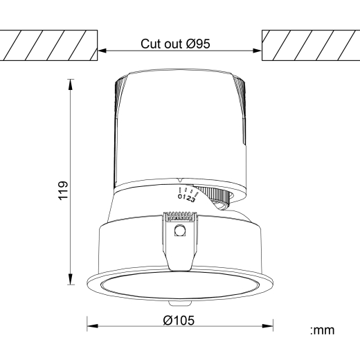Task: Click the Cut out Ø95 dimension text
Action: click(175, 44)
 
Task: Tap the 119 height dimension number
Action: click(63, 190)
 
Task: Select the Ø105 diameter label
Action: click(179, 320)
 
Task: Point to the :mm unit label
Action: click(322, 330)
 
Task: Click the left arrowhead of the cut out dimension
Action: click(102, 51)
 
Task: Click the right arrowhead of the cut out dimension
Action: click(257, 51)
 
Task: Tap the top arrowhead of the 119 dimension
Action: click(71, 84)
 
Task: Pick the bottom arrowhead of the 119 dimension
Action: click(71, 279)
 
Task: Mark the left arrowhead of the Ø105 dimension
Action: click(93, 326)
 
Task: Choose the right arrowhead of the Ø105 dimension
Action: click(268, 326)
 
